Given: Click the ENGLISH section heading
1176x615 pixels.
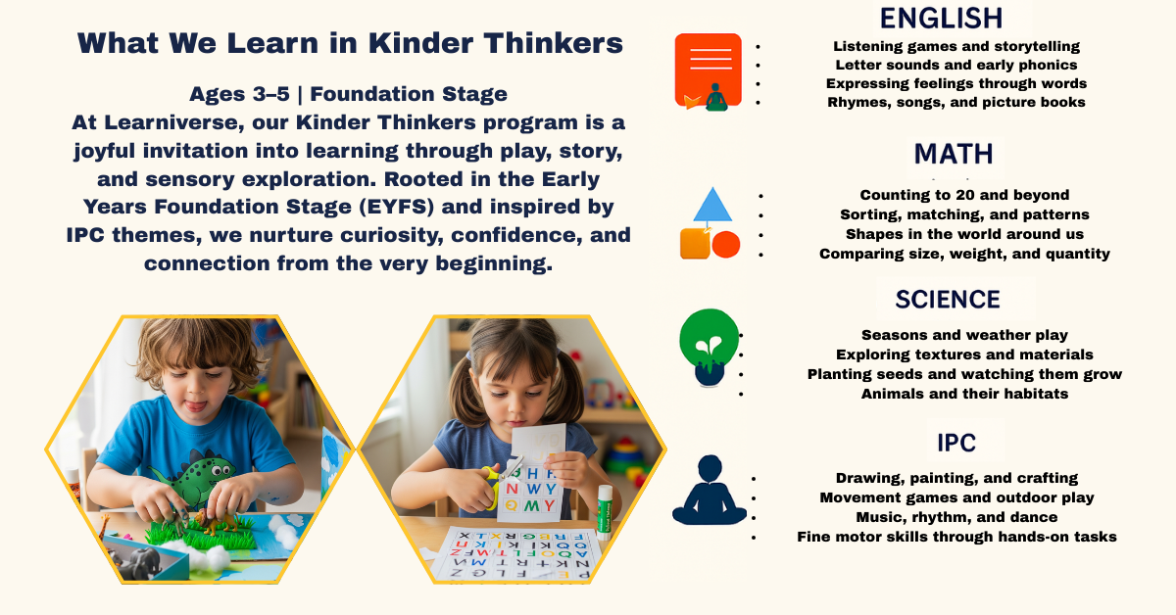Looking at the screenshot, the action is click(x=941, y=19).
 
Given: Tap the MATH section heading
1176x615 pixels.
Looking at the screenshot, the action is click(x=954, y=155).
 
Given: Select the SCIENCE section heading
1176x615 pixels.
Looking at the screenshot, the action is click(x=948, y=300).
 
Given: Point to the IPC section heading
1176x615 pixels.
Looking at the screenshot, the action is click(x=956, y=443).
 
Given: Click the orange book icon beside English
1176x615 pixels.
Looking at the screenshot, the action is click(x=709, y=71).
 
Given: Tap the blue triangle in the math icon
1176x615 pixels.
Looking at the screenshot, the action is click(x=712, y=204).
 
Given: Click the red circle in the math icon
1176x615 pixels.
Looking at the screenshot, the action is click(x=726, y=245).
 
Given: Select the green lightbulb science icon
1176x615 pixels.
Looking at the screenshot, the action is click(x=710, y=348).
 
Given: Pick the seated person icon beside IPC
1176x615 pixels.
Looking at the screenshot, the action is click(x=710, y=490).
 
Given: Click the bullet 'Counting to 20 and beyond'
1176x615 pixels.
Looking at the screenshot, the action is click(x=964, y=195).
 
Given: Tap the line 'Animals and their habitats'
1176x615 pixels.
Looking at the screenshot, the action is click(x=964, y=394).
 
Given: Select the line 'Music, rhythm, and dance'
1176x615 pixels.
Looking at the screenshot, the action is click(x=956, y=517).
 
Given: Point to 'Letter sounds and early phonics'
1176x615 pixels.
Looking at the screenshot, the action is click(x=956, y=65).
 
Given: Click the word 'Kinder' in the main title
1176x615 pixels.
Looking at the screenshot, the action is click(x=419, y=43).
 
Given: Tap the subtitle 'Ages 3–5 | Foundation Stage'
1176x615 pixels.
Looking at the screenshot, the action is click(x=348, y=94).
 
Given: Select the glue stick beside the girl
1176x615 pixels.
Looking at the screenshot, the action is click(x=605, y=512).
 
